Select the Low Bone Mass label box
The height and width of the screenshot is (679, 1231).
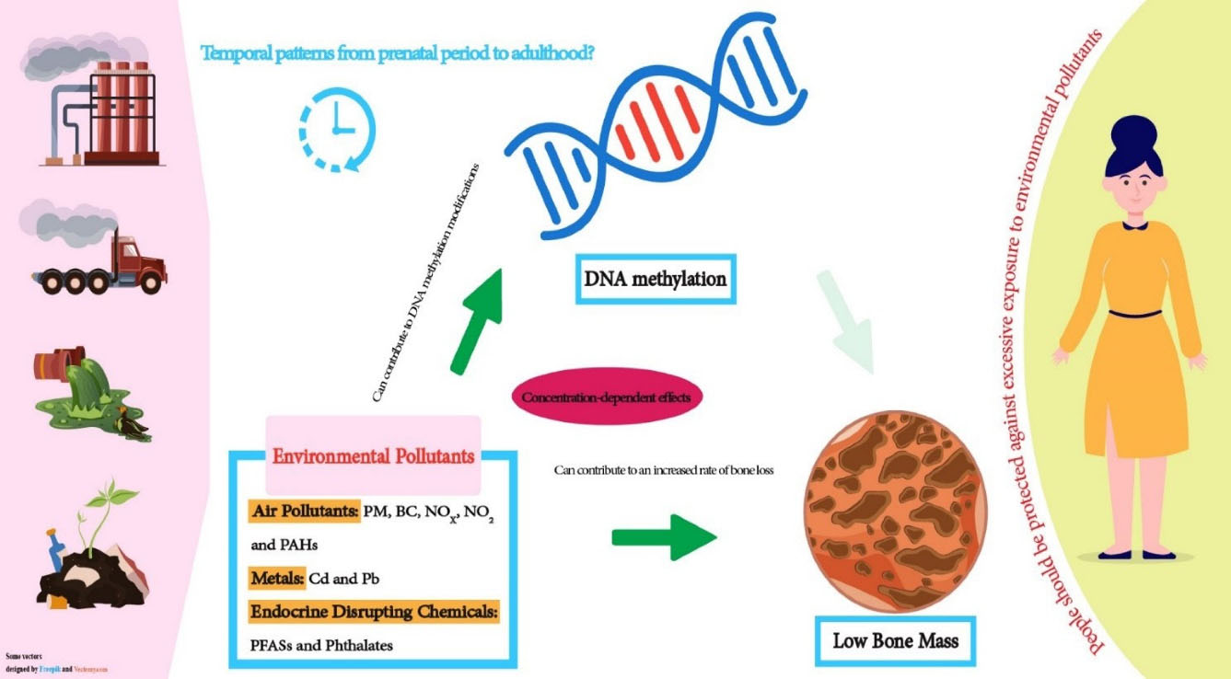[x=894, y=639]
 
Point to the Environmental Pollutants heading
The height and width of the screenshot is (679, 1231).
[x=373, y=455]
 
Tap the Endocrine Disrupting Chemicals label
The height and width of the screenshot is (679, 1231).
[x=374, y=612]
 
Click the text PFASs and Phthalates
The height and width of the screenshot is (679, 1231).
[x=321, y=645]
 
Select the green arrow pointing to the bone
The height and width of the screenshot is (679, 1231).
[x=664, y=535]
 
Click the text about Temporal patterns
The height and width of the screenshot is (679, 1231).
[x=398, y=52]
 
